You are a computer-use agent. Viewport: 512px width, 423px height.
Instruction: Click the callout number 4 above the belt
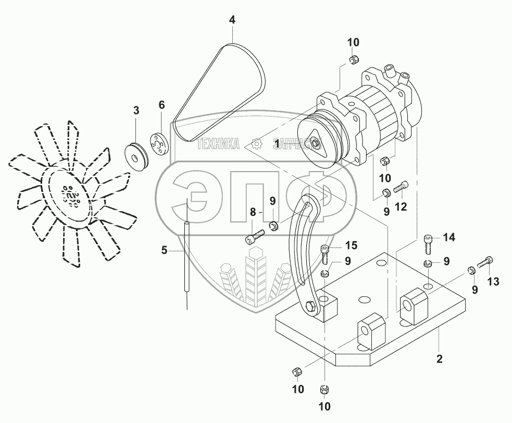point(232,20)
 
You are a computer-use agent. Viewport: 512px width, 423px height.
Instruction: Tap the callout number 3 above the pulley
point(136,110)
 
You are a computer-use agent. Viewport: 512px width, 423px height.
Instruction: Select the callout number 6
point(161,105)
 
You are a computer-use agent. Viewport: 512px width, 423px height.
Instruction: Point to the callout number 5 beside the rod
point(164,251)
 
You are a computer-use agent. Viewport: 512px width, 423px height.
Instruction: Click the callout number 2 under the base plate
point(439,358)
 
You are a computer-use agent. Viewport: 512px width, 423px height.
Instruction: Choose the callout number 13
point(493,282)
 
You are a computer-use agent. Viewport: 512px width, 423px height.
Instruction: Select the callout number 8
point(254,212)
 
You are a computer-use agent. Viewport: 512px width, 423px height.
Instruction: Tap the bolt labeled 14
point(429,241)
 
